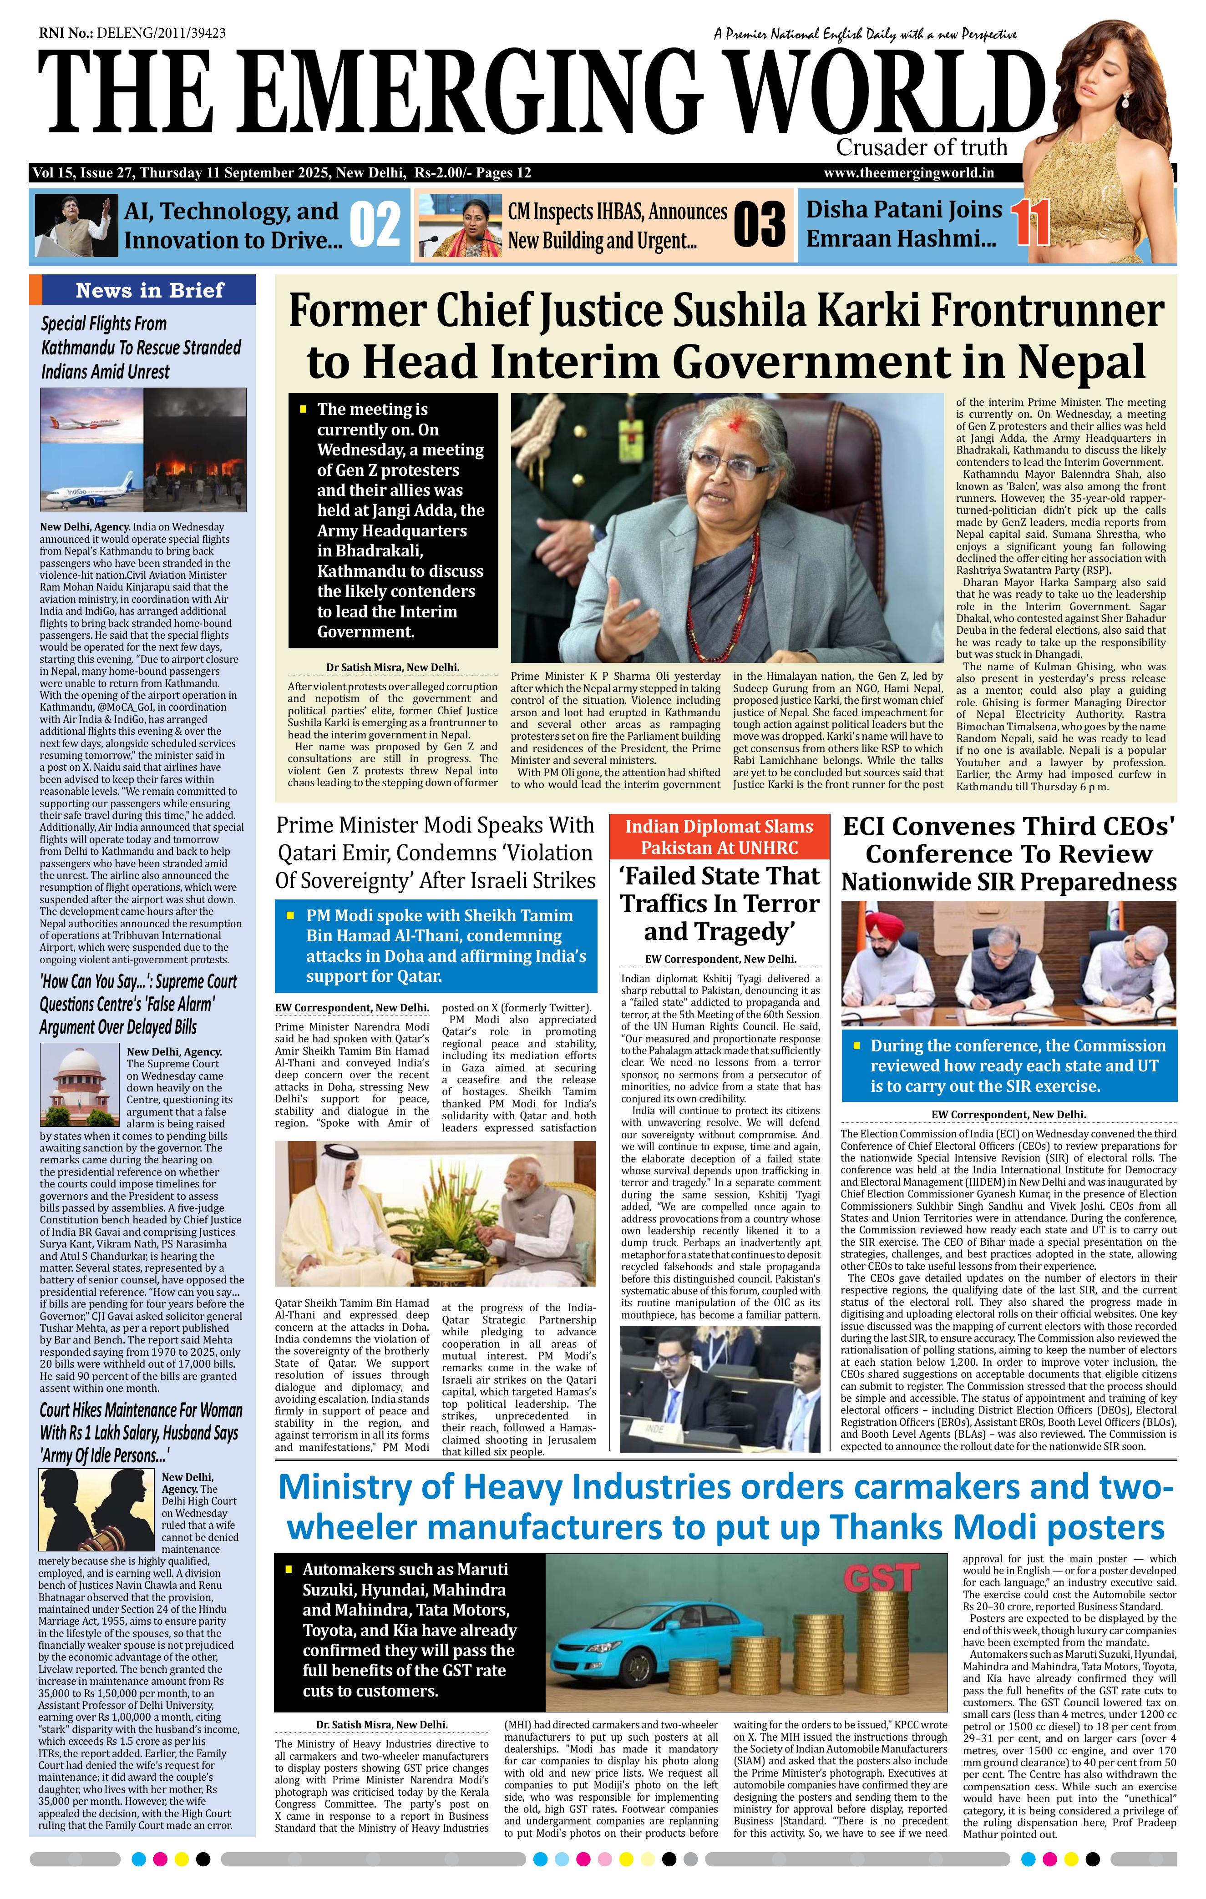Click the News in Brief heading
[x=149, y=290]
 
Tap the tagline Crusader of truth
[x=921, y=147]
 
